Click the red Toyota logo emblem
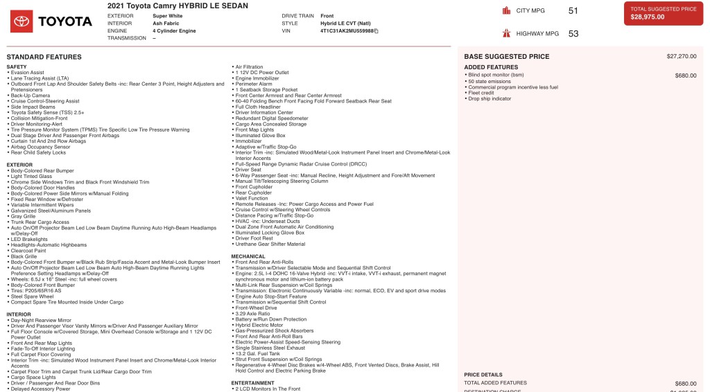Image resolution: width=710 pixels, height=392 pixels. click(21, 21)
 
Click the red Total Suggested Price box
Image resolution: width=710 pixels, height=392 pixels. click(663, 13)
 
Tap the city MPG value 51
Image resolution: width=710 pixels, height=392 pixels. click(573, 10)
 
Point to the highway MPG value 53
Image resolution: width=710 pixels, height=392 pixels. click(573, 33)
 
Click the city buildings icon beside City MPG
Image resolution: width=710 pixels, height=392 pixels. click(505, 10)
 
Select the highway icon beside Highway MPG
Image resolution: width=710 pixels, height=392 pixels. click(505, 33)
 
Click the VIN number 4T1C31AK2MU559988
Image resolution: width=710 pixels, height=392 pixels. click(347, 31)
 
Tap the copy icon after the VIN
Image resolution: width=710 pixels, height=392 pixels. click(376, 31)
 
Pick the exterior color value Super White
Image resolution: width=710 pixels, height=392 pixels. click(167, 15)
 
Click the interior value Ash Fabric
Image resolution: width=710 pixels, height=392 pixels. click(165, 23)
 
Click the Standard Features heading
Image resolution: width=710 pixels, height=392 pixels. click(44, 57)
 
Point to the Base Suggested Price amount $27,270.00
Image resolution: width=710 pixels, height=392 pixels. click(681, 56)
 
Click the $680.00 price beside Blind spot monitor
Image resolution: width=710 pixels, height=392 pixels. click(686, 75)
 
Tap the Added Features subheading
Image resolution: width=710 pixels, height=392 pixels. click(491, 67)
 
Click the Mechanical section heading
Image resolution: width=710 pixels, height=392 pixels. click(248, 256)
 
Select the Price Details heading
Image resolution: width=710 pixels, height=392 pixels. click(483, 375)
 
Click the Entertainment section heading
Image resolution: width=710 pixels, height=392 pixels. click(252, 383)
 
